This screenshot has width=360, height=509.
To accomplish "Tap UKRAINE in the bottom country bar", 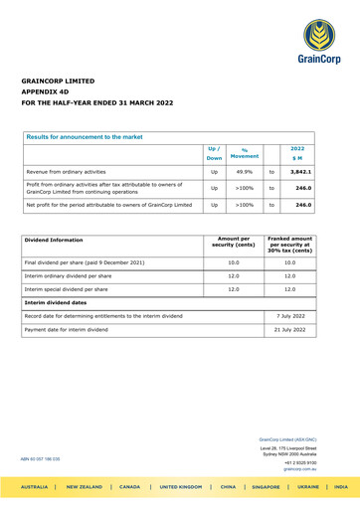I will pos(291,493).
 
